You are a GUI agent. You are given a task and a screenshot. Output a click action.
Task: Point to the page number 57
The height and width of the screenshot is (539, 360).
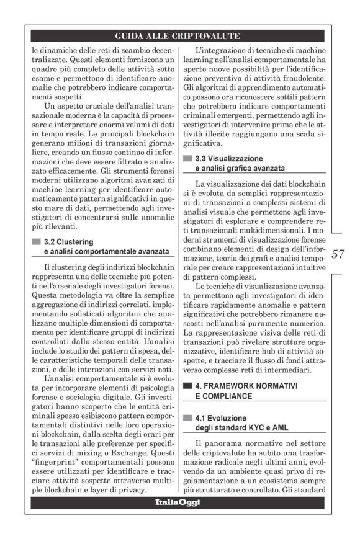pos(338,254)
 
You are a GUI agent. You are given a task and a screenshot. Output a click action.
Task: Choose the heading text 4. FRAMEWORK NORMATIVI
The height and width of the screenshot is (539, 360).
pos(246,385)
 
